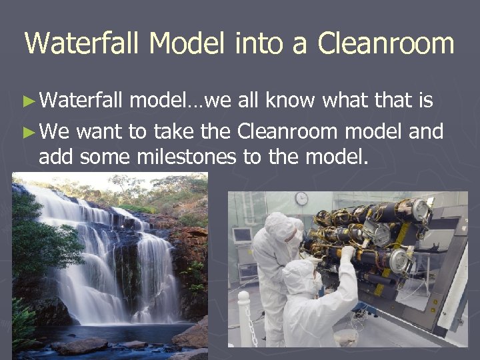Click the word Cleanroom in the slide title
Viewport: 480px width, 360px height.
386,43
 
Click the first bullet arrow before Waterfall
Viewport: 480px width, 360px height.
29,102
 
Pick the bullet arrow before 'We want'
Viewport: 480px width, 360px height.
29,132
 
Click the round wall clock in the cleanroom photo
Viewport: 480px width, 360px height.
302,199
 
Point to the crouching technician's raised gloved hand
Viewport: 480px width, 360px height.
347,253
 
